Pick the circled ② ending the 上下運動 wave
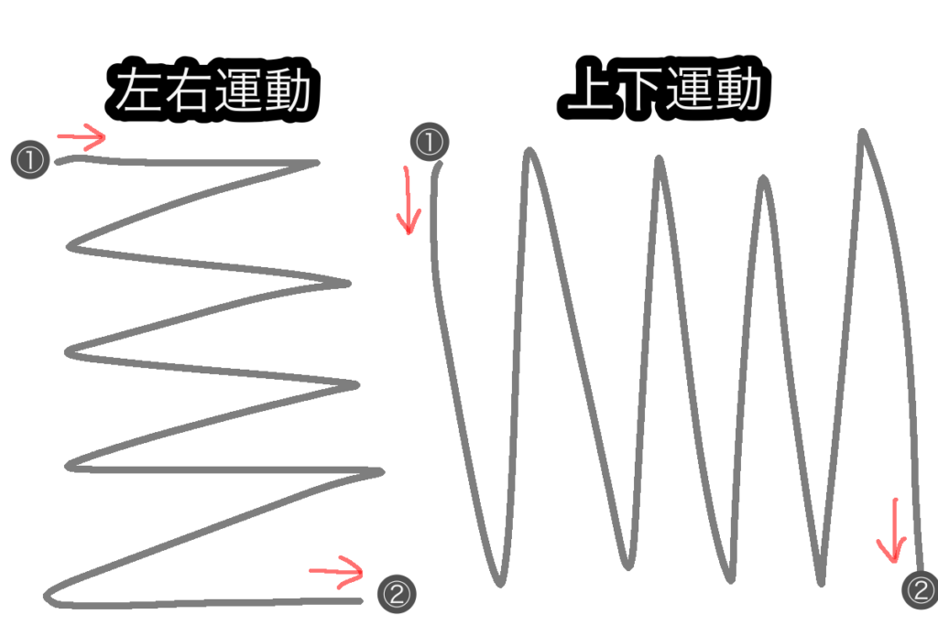click(x=921, y=587)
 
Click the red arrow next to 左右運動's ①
click(x=82, y=139)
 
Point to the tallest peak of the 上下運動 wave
click(x=862, y=134)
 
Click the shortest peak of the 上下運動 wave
click(x=763, y=180)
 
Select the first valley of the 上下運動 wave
click(x=498, y=580)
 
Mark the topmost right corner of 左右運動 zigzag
click(x=316, y=165)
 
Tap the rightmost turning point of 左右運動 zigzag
click(x=378, y=472)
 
